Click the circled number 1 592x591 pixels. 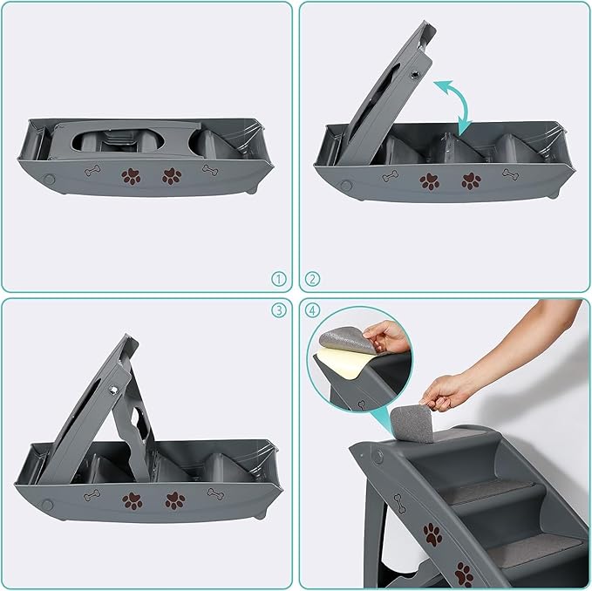pyautogui.click(x=279, y=279)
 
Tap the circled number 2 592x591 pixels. pyautogui.click(x=312, y=279)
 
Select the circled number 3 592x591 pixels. pyautogui.click(x=279, y=309)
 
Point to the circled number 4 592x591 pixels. pyautogui.click(x=312, y=309)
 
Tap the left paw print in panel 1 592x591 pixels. pyautogui.click(x=131, y=176)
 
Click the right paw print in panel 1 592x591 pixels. pyautogui.click(x=172, y=176)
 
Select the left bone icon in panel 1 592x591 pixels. pyautogui.click(x=92, y=171)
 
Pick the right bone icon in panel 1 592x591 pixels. pyautogui.click(x=210, y=170)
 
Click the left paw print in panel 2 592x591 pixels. pyautogui.click(x=430, y=181)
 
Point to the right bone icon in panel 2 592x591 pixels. pyautogui.click(x=510, y=174)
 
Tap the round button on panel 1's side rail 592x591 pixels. pyautogui.click(x=49, y=179)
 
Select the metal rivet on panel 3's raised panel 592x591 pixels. pyautogui.click(x=113, y=390)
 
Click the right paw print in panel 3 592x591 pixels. pyautogui.click(x=175, y=500)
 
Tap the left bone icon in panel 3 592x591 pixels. pyautogui.click(x=92, y=495)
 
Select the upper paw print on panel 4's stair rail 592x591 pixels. pyautogui.click(x=432, y=534)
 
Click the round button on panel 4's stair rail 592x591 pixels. pyautogui.click(x=377, y=457)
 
